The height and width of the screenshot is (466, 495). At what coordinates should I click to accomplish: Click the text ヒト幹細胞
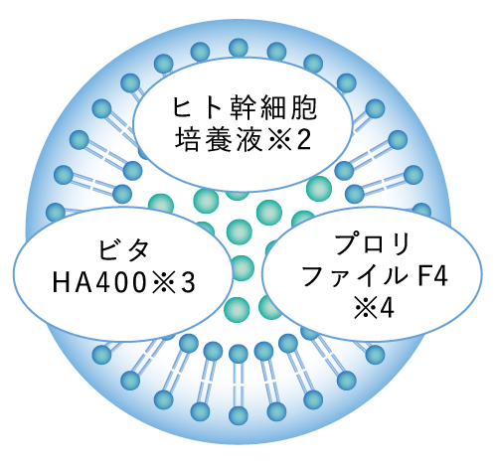245,108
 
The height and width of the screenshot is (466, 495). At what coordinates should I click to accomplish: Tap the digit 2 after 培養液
303,141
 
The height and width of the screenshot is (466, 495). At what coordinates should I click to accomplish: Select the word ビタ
123,250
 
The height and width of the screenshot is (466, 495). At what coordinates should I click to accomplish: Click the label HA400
99,283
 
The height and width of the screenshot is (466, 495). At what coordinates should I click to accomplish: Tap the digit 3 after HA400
187,283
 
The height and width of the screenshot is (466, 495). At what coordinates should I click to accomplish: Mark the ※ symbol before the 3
163,284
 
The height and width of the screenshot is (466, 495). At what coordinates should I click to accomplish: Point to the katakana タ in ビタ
137,250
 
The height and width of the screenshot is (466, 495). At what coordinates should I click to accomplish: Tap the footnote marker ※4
373,309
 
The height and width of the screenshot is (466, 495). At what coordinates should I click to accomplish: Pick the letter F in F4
424,276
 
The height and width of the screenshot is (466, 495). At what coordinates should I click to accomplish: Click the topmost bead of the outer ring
239,48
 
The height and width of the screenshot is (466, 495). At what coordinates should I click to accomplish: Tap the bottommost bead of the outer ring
239,415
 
